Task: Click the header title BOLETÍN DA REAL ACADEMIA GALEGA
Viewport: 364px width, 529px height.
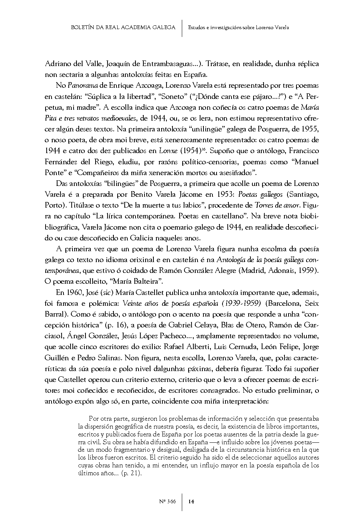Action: point(123,28)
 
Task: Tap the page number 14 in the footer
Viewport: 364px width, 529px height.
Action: point(191,501)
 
